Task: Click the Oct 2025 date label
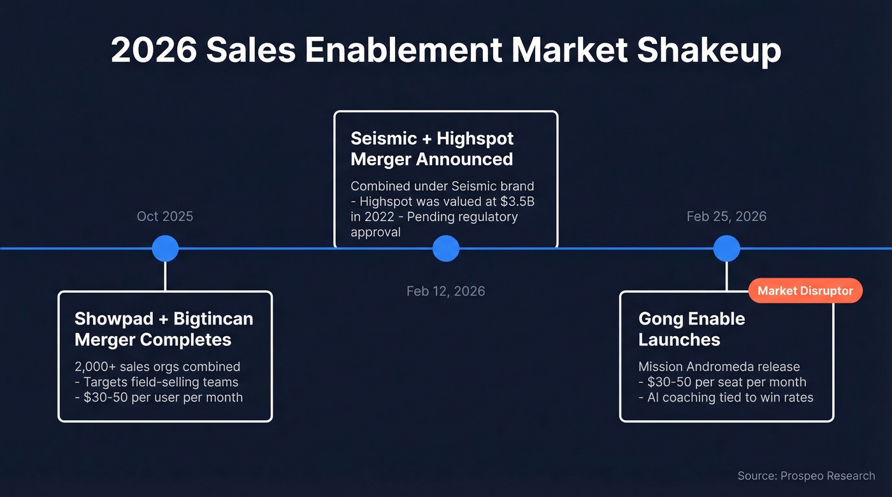pyautogui.click(x=164, y=216)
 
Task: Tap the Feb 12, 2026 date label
pyautogui.click(x=445, y=291)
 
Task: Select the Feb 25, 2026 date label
pyautogui.click(x=726, y=216)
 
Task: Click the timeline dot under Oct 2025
pyautogui.click(x=165, y=248)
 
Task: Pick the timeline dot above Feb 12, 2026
pyautogui.click(x=445, y=248)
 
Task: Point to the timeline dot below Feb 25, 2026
pyautogui.click(x=726, y=248)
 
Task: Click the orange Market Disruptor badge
pyautogui.click(x=805, y=291)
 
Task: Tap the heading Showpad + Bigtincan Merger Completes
pyautogui.click(x=164, y=329)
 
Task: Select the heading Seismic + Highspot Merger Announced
pyautogui.click(x=432, y=148)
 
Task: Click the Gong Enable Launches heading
pyautogui.click(x=691, y=329)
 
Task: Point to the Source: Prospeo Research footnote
pyautogui.click(x=806, y=475)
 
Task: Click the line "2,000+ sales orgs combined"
pyautogui.click(x=157, y=367)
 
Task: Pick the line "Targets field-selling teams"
pyautogui.click(x=161, y=382)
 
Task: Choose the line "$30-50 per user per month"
pyautogui.click(x=163, y=397)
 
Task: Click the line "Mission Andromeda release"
pyautogui.click(x=719, y=367)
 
